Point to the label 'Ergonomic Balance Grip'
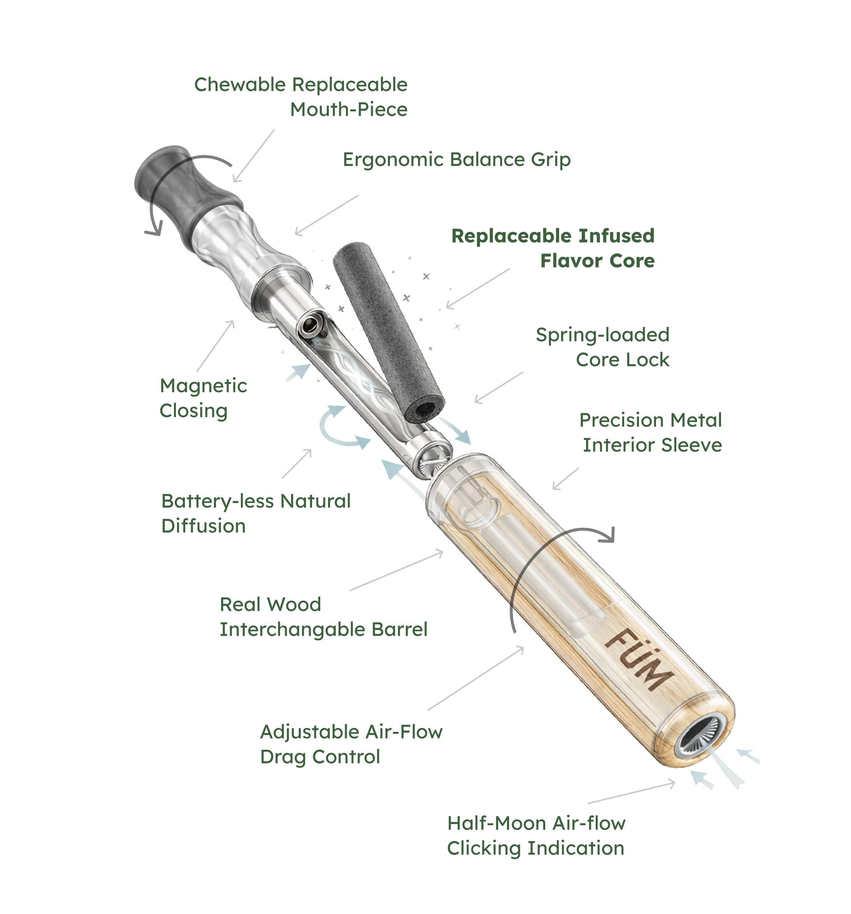456,160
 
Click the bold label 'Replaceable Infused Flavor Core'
553,248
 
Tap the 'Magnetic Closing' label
203,398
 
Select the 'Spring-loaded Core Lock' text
602,347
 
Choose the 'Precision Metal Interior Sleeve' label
651,432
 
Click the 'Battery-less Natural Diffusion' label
256,513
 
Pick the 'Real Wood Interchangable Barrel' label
323,617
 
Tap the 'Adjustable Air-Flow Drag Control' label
351,744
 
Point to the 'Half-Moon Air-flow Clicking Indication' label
536,835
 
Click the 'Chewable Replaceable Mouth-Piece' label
301,97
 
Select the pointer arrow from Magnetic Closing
216,346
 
